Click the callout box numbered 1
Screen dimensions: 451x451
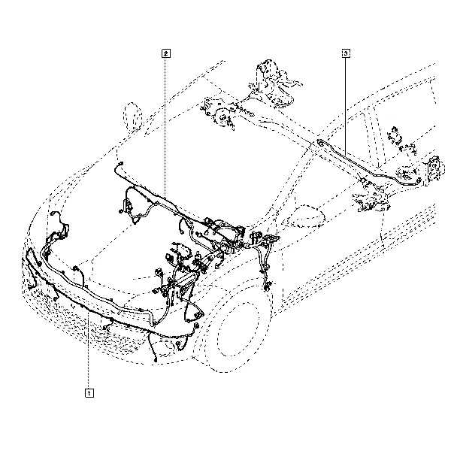pyautogui.click(x=89, y=392)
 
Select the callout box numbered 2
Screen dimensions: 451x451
pyautogui.click(x=166, y=53)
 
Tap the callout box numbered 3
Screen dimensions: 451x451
pyautogui.click(x=346, y=53)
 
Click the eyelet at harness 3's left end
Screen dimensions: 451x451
pyautogui.click(x=319, y=141)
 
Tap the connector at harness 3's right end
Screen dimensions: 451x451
pyautogui.click(x=419, y=180)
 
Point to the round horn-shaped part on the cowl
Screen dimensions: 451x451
pyautogui.click(x=222, y=117)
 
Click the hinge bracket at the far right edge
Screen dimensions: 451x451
pyautogui.click(x=434, y=170)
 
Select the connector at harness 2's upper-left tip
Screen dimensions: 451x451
pyautogui.click(x=120, y=164)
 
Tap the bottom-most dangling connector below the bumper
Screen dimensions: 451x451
pyautogui.click(x=156, y=359)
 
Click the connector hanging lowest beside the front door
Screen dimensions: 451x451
pyautogui.click(x=268, y=286)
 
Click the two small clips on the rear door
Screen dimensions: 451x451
pyautogui.click(x=401, y=141)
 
